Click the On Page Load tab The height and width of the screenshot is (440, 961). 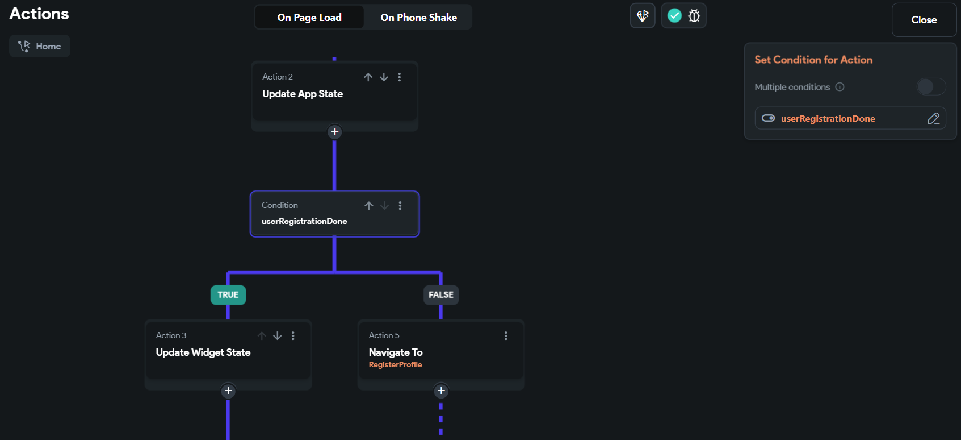[x=309, y=18]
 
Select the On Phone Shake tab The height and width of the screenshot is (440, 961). [x=418, y=18]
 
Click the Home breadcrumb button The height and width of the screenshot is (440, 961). [x=40, y=46]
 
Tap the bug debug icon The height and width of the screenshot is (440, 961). [x=694, y=16]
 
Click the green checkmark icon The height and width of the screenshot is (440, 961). [x=674, y=16]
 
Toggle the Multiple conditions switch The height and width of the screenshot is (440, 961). [x=930, y=86]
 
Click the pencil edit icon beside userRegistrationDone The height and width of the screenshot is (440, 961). [x=933, y=118]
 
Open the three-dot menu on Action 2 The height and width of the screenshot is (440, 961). [x=400, y=77]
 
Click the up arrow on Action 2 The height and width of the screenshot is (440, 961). [x=368, y=77]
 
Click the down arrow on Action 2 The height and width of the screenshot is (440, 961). [x=384, y=77]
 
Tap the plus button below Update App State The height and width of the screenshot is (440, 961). [x=335, y=132]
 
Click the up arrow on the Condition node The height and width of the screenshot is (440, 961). [x=369, y=206]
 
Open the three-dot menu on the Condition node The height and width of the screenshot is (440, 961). [x=400, y=206]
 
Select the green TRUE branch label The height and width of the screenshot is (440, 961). [x=228, y=294]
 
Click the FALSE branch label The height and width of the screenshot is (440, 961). [x=441, y=294]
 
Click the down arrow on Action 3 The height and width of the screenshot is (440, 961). [x=278, y=336]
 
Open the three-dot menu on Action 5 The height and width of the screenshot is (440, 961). [x=506, y=336]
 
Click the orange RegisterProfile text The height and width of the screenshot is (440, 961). [x=396, y=365]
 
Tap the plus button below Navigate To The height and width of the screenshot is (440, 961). [x=441, y=391]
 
